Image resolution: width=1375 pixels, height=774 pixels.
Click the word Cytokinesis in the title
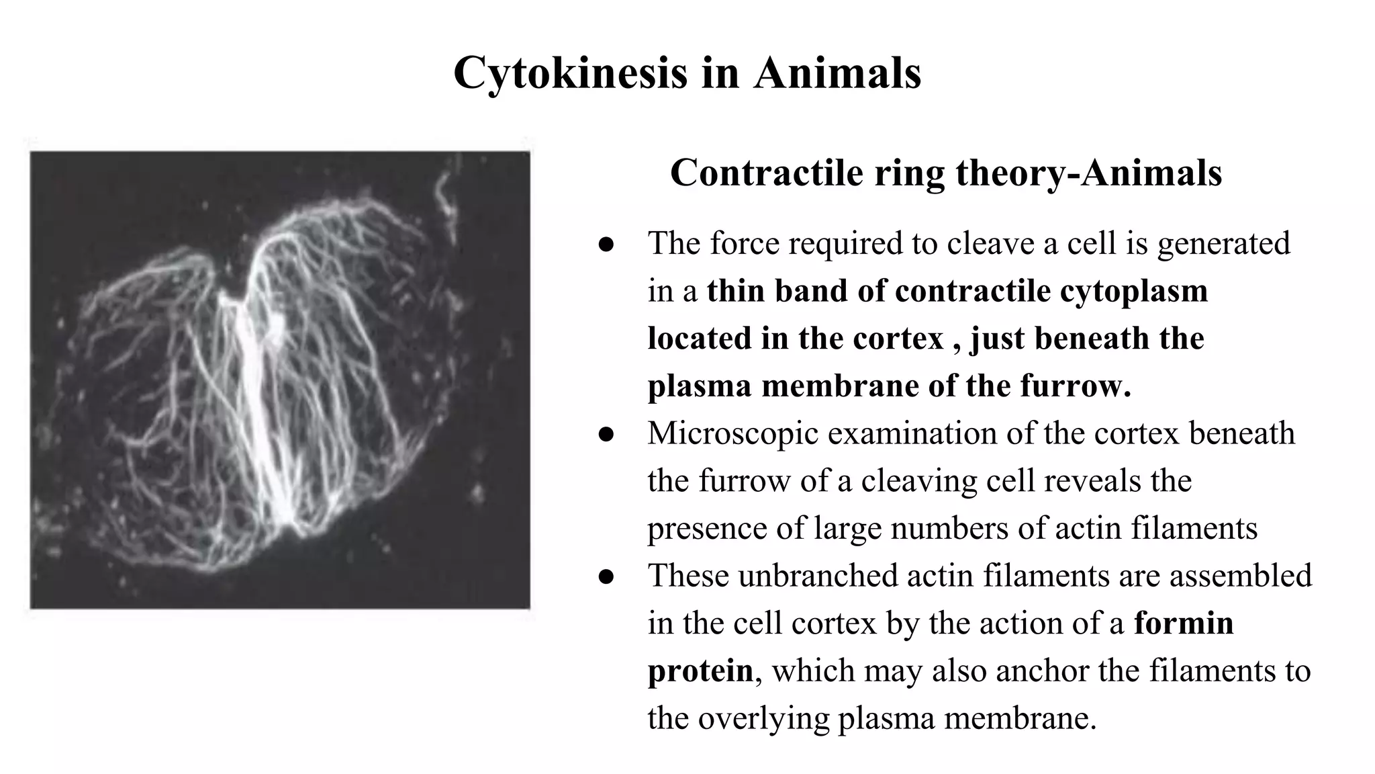(x=570, y=73)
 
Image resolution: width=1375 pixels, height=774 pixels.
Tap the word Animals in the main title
(x=837, y=73)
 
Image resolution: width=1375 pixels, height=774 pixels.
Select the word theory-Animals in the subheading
(x=1089, y=173)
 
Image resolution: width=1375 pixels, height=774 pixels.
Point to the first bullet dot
(x=606, y=245)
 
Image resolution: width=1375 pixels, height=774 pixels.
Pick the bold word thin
(x=736, y=291)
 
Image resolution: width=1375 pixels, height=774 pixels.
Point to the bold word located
(x=698, y=338)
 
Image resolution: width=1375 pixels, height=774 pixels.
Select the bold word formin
(x=1184, y=623)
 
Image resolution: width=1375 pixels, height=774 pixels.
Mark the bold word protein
(x=700, y=671)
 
